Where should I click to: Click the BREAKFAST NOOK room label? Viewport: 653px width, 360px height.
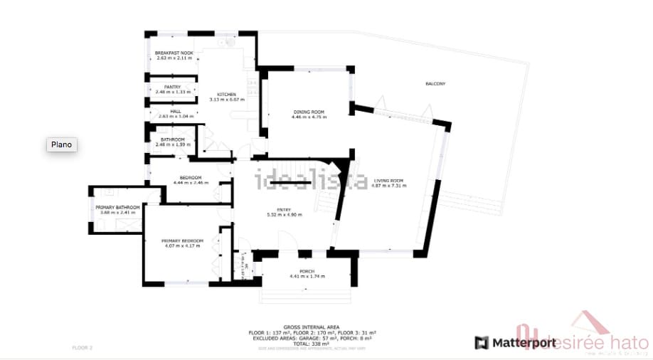[x=174, y=53]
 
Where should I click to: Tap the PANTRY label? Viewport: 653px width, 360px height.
[x=173, y=87]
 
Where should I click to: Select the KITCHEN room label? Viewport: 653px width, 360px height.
[x=227, y=95]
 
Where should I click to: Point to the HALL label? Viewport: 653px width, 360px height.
[x=175, y=111]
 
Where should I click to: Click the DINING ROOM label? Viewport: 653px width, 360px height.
[x=309, y=112]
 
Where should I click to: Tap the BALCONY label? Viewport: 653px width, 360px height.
[x=435, y=84]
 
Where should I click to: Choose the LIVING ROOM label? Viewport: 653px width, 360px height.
[x=388, y=181]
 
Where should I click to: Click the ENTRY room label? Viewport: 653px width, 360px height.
[x=284, y=209]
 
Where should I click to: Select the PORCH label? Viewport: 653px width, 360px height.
[x=307, y=271]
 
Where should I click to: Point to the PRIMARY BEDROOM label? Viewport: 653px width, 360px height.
[x=183, y=241]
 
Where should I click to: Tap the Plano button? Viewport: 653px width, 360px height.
[x=62, y=144]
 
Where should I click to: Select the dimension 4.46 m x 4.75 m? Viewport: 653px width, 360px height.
[x=309, y=117]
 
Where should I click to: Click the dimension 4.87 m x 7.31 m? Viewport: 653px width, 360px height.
[x=388, y=186]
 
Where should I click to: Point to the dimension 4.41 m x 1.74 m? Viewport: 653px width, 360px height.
[x=307, y=276]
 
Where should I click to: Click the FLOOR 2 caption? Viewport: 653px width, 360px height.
[x=83, y=348]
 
